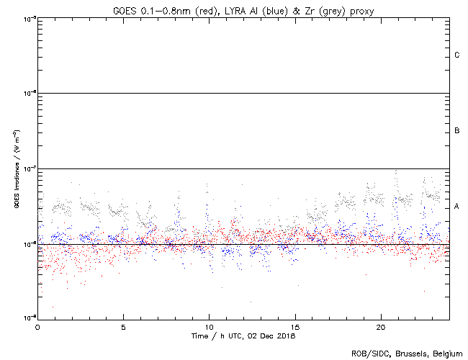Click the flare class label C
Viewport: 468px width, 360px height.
(x=457, y=55)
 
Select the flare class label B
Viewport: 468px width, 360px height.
(x=457, y=131)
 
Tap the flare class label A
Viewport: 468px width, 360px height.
(x=457, y=207)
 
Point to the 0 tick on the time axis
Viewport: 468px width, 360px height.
(x=37, y=327)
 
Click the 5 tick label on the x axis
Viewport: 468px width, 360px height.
(x=123, y=327)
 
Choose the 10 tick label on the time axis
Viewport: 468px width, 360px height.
(x=209, y=327)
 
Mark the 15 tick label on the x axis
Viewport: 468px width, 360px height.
(x=294, y=327)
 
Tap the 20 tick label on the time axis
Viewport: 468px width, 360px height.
(x=380, y=327)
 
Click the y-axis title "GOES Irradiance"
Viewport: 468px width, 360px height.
(x=16, y=179)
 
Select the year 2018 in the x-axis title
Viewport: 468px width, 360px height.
(x=287, y=336)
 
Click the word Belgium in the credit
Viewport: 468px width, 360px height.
(x=446, y=353)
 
